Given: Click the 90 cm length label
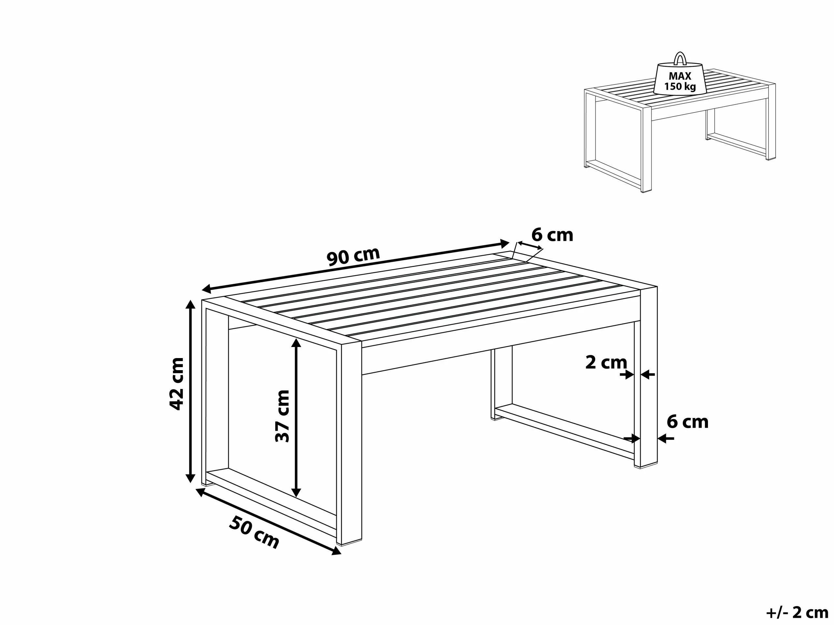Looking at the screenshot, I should tap(353, 256).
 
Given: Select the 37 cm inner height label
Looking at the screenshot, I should tap(282, 416).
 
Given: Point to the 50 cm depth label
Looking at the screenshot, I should tap(254, 532).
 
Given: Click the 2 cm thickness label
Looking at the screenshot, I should tap(606, 362).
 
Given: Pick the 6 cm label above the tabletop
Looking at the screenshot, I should tap(552, 235).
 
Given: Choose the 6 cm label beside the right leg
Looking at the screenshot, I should tap(687, 422).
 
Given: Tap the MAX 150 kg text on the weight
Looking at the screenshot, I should tap(680, 81).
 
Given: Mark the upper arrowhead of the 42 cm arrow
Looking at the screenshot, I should tap(190, 304).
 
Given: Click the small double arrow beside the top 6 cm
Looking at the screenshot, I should tap(530, 246).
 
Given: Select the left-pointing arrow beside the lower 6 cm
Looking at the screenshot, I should tap(666, 438).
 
